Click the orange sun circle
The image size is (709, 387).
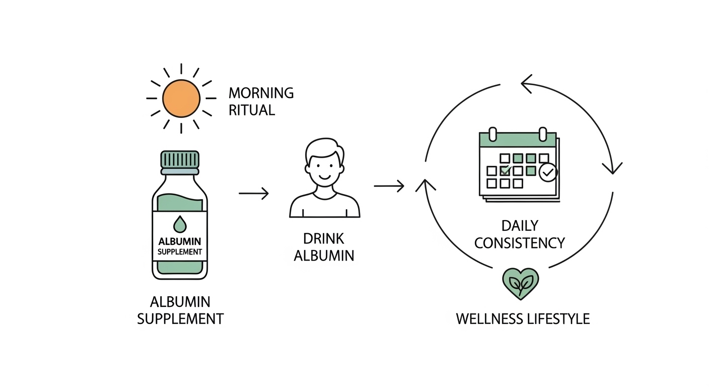pyautogui.click(x=181, y=98)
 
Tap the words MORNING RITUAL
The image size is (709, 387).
pyautogui.click(x=261, y=101)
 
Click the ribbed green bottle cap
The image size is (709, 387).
pyautogui.click(x=180, y=159)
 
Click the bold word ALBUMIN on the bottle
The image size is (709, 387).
pyautogui.click(x=180, y=241)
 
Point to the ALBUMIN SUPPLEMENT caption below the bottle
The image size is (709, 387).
pyautogui.click(x=180, y=310)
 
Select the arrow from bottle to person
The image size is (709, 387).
pyautogui.click(x=253, y=193)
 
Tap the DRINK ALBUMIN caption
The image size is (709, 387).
pyautogui.click(x=324, y=247)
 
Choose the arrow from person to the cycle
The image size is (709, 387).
pyautogui.click(x=389, y=186)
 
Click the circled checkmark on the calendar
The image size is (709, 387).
pyautogui.click(x=548, y=172)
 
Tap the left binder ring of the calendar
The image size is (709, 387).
pyautogui.click(x=493, y=135)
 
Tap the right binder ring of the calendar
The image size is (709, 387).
pyautogui.click(x=543, y=135)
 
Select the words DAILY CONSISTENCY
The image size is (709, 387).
pyautogui.click(x=520, y=234)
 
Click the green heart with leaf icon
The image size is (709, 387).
pyautogui.click(x=521, y=284)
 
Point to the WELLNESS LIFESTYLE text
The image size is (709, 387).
pyautogui.click(x=523, y=319)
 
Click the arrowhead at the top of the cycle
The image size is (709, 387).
pyautogui.click(x=526, y=84)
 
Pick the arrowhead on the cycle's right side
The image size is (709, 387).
pyautogui.click(x=612, y=168)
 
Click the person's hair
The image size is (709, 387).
pyautogui.click(x=324, y=149)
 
